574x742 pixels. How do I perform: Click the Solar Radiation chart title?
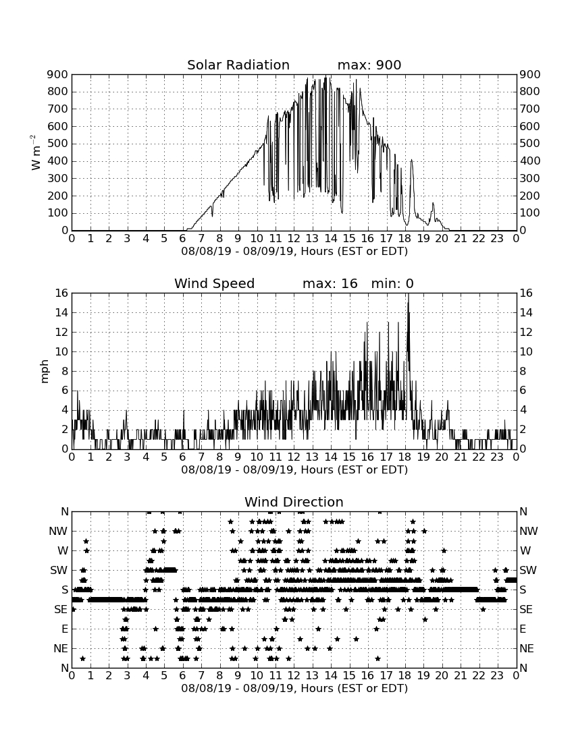click(238, 65)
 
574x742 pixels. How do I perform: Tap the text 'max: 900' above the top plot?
click(369, 65)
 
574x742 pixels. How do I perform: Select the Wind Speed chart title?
click(215, 283)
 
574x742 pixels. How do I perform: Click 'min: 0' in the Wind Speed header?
click(392, 283)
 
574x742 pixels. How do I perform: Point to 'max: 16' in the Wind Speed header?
click(330, 283)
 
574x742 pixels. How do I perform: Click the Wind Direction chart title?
click(294, 502)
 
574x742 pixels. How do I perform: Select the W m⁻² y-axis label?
click(36, 152)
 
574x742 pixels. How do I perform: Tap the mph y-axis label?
click(45, 372)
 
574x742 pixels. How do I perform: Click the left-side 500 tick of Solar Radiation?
click(58, 144)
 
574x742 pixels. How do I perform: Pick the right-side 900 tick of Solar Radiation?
click(530, 74)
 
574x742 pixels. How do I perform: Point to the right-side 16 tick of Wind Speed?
click(526, 293)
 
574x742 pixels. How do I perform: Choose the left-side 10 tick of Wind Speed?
click(62, 351)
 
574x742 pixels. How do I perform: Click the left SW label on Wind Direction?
click(59, 570)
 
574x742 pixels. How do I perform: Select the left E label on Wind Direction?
click(65, 629)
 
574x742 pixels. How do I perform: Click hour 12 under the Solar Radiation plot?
click(294, 238)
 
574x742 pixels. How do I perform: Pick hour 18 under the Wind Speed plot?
click(405, 457)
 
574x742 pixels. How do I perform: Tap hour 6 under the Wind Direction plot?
click(183, 675)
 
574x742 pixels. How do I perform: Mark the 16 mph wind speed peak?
click(409, 294)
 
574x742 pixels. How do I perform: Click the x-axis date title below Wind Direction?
click(294, 688)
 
